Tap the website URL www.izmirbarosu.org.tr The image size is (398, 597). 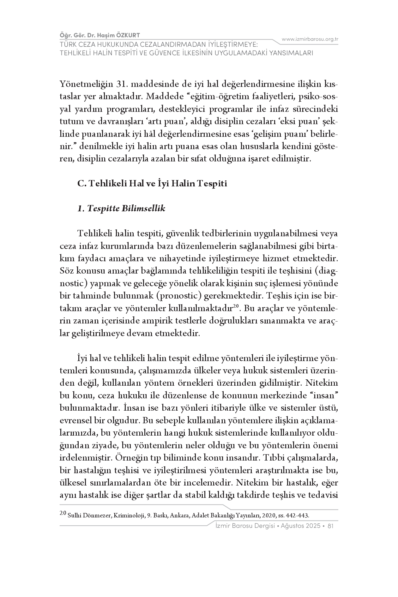point(310,39)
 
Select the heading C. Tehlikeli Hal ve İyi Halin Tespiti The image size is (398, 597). point(152,184)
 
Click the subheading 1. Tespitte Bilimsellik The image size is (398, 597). point(121,209)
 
